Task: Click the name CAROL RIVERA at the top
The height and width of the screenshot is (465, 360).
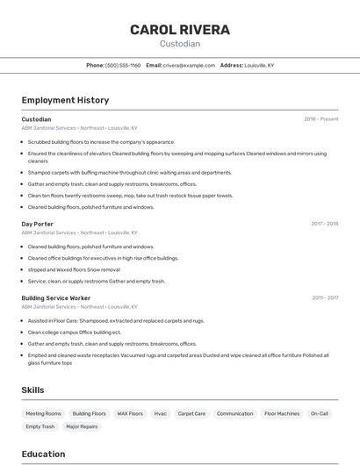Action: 180,30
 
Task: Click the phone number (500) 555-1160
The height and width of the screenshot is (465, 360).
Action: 123,65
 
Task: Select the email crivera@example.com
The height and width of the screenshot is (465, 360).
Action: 189,65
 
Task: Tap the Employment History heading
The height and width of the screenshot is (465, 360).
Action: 65,100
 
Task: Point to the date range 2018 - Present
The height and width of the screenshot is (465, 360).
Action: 321,119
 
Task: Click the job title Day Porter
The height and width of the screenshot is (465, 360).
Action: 38,224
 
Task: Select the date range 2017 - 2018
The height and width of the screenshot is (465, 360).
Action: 325,224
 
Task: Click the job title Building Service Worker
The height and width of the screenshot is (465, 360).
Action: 55,298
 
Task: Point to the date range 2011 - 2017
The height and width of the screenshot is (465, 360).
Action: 325,298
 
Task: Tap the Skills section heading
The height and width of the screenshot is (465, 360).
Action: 33,390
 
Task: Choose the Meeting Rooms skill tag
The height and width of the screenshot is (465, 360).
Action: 43,413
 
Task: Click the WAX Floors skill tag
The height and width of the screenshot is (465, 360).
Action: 130,413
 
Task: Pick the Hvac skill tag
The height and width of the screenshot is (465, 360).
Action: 161,413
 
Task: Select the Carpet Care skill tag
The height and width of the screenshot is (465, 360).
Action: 191,413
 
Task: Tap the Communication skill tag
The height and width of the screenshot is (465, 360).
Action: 234,413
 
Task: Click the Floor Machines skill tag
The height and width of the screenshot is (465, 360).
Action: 282,413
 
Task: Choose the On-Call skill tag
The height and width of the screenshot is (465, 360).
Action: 320,413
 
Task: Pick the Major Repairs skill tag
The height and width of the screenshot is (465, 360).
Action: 82,426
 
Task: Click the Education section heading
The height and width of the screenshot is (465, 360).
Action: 43,454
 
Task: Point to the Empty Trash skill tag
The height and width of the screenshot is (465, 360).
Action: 40,426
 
